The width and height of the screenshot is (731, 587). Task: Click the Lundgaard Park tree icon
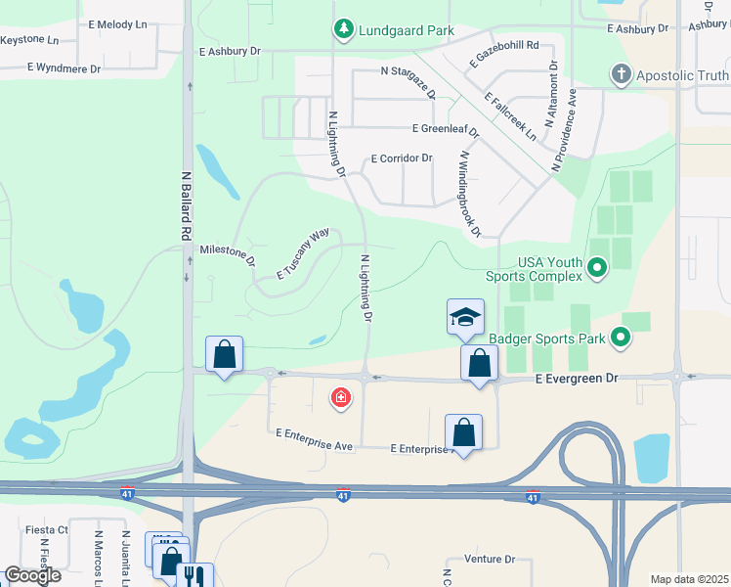tap(342, 30)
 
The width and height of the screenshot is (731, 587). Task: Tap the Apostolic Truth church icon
tap(620, 74)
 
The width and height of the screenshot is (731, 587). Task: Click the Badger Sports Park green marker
tap(620, 339)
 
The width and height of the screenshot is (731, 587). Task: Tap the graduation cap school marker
tap(465, 317)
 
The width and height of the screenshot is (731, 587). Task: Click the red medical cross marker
tap(340, 397)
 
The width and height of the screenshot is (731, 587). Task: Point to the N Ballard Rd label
tap(184, 207)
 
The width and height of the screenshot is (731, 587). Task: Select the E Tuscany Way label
tap(302, 255)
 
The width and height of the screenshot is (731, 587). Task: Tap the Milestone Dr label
tap(227, 255)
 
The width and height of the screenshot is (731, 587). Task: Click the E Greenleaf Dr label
tap(446, 129)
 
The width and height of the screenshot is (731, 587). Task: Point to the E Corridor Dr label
tap(402, 158)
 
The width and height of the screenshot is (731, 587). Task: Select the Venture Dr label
tap(490, 559)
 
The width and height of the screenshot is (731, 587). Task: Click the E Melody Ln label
tap(117, 23)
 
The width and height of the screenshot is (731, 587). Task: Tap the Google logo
tap(32, 575)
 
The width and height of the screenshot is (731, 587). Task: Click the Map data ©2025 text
tap(689, 579)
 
